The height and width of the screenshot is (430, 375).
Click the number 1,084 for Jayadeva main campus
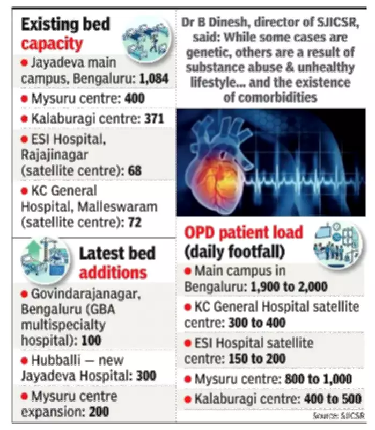(154, 79)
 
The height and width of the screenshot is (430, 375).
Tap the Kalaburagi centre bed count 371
(154, 119)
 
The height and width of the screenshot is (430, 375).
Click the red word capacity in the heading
(52, 42)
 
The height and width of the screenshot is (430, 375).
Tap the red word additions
(113, 272)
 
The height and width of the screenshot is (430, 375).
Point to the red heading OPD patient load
(244, 233)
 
